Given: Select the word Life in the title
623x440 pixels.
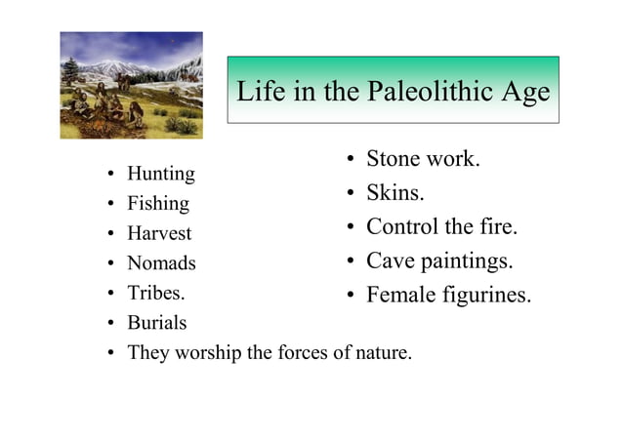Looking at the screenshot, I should coord(262,93).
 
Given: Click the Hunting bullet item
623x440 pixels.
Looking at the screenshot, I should coord(161,175).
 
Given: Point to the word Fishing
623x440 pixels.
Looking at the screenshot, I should coord(158,205).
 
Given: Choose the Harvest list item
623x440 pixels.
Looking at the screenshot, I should coord(159,234).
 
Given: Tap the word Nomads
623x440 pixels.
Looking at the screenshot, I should coord(161,263).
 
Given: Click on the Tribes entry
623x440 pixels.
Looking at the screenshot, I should coord(156,293).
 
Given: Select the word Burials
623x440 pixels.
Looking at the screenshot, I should coord(156,323).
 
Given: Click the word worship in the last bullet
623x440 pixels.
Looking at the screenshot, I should coord(208,352).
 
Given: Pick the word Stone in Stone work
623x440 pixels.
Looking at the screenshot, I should coord(393,159).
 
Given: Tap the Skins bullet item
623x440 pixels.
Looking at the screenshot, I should coord(395,193).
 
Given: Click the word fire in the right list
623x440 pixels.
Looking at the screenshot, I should coord(497,227).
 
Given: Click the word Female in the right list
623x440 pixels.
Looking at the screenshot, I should coord(400,295).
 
